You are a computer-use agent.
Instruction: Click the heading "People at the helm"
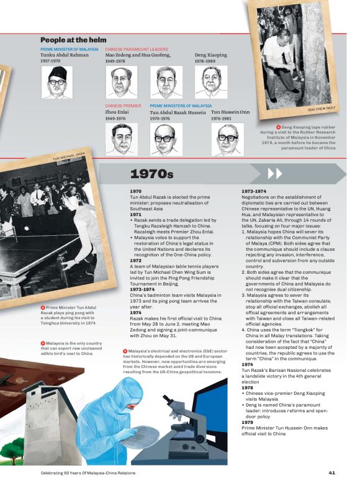click(73, 40)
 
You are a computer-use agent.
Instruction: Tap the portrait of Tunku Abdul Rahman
click(57, 82)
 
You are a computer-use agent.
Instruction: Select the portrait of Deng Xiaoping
click(209, 81)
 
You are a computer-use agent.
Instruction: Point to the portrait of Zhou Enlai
click(120, 138)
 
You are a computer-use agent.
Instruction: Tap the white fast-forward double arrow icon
click(274, 173)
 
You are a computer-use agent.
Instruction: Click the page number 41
click(332, 472)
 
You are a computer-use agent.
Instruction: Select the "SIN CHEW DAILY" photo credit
click(321, 109)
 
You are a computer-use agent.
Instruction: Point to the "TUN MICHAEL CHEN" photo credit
click(69, 156)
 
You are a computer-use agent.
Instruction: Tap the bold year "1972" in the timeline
click(136, 261)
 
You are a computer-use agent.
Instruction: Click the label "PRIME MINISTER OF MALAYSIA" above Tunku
click(70, 48)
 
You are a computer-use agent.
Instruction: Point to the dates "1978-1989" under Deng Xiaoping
click(205, 61)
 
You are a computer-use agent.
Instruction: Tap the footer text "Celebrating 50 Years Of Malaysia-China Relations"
click(83, 472)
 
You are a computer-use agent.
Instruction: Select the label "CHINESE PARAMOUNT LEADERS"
click(137, 48)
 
